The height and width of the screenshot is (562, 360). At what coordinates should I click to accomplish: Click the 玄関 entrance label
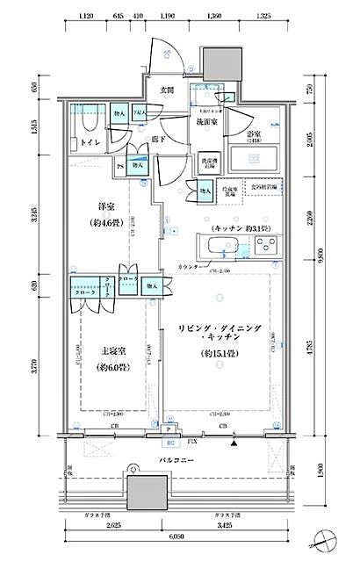[167, 90]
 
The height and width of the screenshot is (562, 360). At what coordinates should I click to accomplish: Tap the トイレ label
[90, 140]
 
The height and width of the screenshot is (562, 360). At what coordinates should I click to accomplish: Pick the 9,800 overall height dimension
[322, 254]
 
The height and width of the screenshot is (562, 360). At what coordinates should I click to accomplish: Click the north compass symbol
[330, 536]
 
